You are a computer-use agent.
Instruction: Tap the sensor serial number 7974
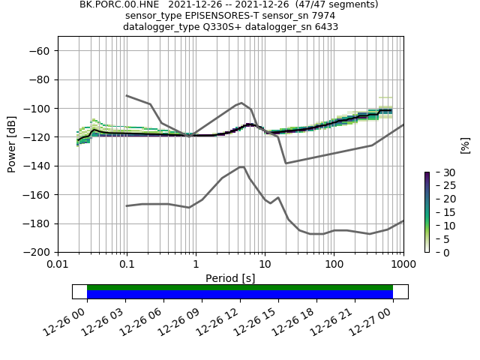324,16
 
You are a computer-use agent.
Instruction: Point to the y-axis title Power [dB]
12,144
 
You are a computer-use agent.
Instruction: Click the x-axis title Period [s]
230,278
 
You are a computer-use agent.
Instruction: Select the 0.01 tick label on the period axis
58,265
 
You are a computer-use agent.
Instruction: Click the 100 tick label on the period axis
334,265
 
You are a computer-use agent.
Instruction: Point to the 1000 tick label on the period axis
403,265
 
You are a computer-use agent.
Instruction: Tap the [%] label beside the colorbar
465,144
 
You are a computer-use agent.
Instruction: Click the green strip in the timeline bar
240,287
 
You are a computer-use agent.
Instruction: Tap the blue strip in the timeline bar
240,295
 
